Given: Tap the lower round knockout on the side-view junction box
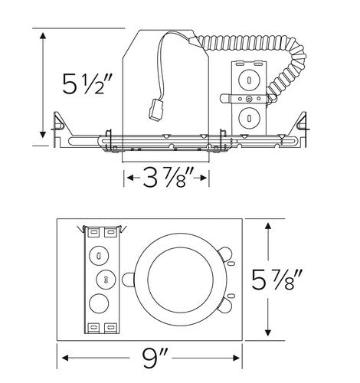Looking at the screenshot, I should click(x=249, y=116).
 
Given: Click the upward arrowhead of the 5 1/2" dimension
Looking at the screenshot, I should click(x=44, y=35).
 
